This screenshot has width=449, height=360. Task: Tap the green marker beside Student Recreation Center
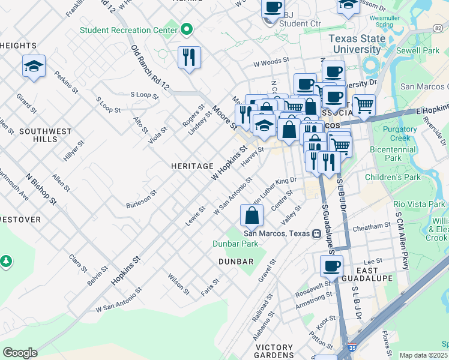(187, 29)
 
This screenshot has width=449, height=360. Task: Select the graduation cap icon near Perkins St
(34, 67)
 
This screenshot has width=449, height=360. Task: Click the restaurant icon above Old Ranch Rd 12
(189, 58)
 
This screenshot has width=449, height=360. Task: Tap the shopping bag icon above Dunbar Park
(252, 215)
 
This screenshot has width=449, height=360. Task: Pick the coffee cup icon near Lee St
(331, 266)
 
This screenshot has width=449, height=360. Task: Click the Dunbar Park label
(235, 244)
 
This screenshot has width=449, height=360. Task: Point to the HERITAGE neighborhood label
(192, 166)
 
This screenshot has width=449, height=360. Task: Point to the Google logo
(20, 352)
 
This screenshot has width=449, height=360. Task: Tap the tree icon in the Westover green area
(6, 261)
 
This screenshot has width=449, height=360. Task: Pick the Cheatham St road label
(372, 226)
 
